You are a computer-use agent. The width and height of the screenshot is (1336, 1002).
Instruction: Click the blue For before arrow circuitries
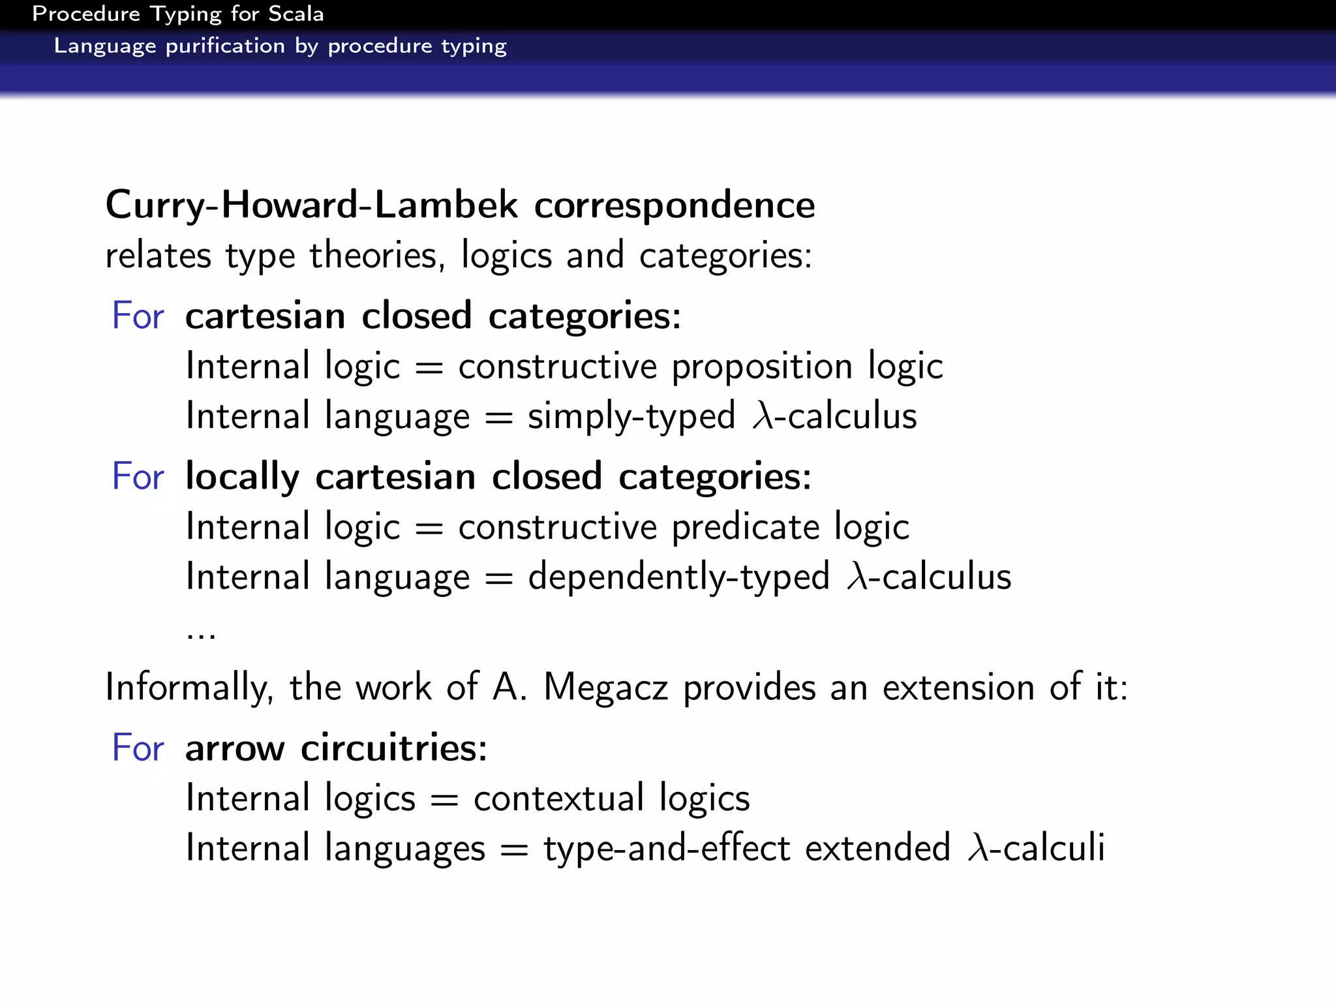[138, 748]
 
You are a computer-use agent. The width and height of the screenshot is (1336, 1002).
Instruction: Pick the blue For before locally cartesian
[138, 476]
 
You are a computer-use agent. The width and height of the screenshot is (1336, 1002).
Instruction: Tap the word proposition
[762, 367]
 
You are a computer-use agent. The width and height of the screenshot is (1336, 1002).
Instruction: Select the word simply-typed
[631, 417]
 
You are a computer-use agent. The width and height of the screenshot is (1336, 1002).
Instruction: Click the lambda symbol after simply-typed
[762, 416]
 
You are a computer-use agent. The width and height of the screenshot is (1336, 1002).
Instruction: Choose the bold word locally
[242, 477]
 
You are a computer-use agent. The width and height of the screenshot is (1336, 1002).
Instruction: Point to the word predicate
[745, 527]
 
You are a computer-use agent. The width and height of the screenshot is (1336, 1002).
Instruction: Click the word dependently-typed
[678, 577]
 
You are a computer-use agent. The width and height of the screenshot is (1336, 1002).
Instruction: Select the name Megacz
[605, 688]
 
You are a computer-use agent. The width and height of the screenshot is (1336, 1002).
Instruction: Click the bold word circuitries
[393, 748]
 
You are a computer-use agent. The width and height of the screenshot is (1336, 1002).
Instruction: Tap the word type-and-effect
[667, 849]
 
